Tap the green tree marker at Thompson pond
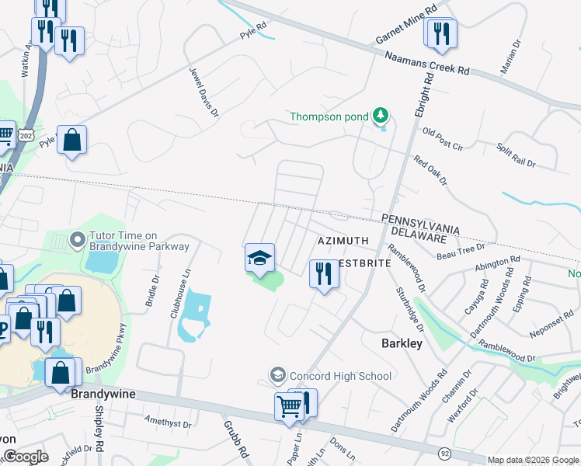380,116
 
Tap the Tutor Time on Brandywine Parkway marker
77,239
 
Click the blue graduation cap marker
260,258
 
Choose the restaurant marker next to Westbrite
324,273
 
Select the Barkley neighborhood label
402,343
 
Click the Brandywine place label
103,394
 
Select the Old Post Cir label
442,139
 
